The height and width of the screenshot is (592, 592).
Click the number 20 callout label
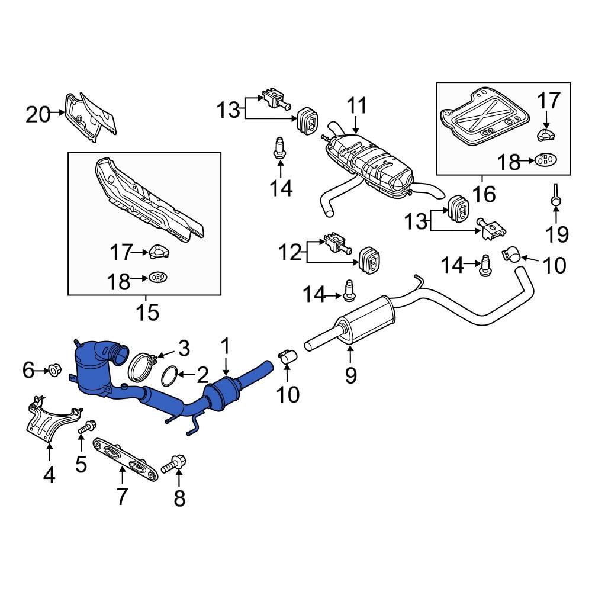(38, 114)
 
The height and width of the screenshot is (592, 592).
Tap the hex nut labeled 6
(53, 371)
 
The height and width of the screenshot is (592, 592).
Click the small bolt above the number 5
(87, 425)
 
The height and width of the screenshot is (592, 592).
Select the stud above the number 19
(556, 195)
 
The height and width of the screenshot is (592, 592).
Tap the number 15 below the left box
(147, 311)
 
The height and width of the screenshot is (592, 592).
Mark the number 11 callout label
(357, 107)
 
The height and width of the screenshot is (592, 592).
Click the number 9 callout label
(350, 374)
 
